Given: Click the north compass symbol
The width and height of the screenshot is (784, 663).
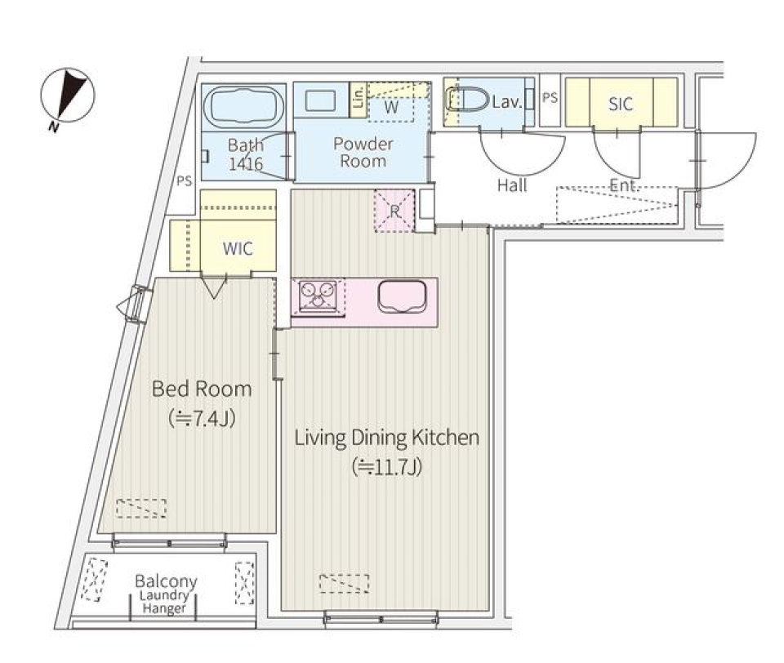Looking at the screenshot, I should (68, 96).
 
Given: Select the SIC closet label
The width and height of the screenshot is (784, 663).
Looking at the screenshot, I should (621, 104).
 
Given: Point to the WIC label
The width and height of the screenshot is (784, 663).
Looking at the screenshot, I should (238, 249).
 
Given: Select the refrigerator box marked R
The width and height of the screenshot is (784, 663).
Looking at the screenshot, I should (394, 210).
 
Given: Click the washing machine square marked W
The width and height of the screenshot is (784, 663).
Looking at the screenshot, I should (392, 107).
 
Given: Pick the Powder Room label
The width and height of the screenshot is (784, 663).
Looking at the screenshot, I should (363, 153).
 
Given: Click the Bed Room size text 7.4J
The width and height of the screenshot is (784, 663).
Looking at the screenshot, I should (202, 418).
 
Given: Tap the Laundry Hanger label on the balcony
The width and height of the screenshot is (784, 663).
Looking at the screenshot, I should (165, 603).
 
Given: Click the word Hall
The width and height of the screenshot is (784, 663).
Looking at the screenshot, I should (512, 185).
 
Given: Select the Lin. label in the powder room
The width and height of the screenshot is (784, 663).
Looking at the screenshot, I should (357, 100).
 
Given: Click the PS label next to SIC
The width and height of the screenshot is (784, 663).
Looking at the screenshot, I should (550, 98).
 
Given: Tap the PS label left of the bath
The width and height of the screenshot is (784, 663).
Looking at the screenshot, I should (184, 181).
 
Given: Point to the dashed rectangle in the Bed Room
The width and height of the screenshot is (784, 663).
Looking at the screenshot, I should (140, 508).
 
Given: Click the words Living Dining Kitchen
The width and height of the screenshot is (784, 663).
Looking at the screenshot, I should (386, 438).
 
